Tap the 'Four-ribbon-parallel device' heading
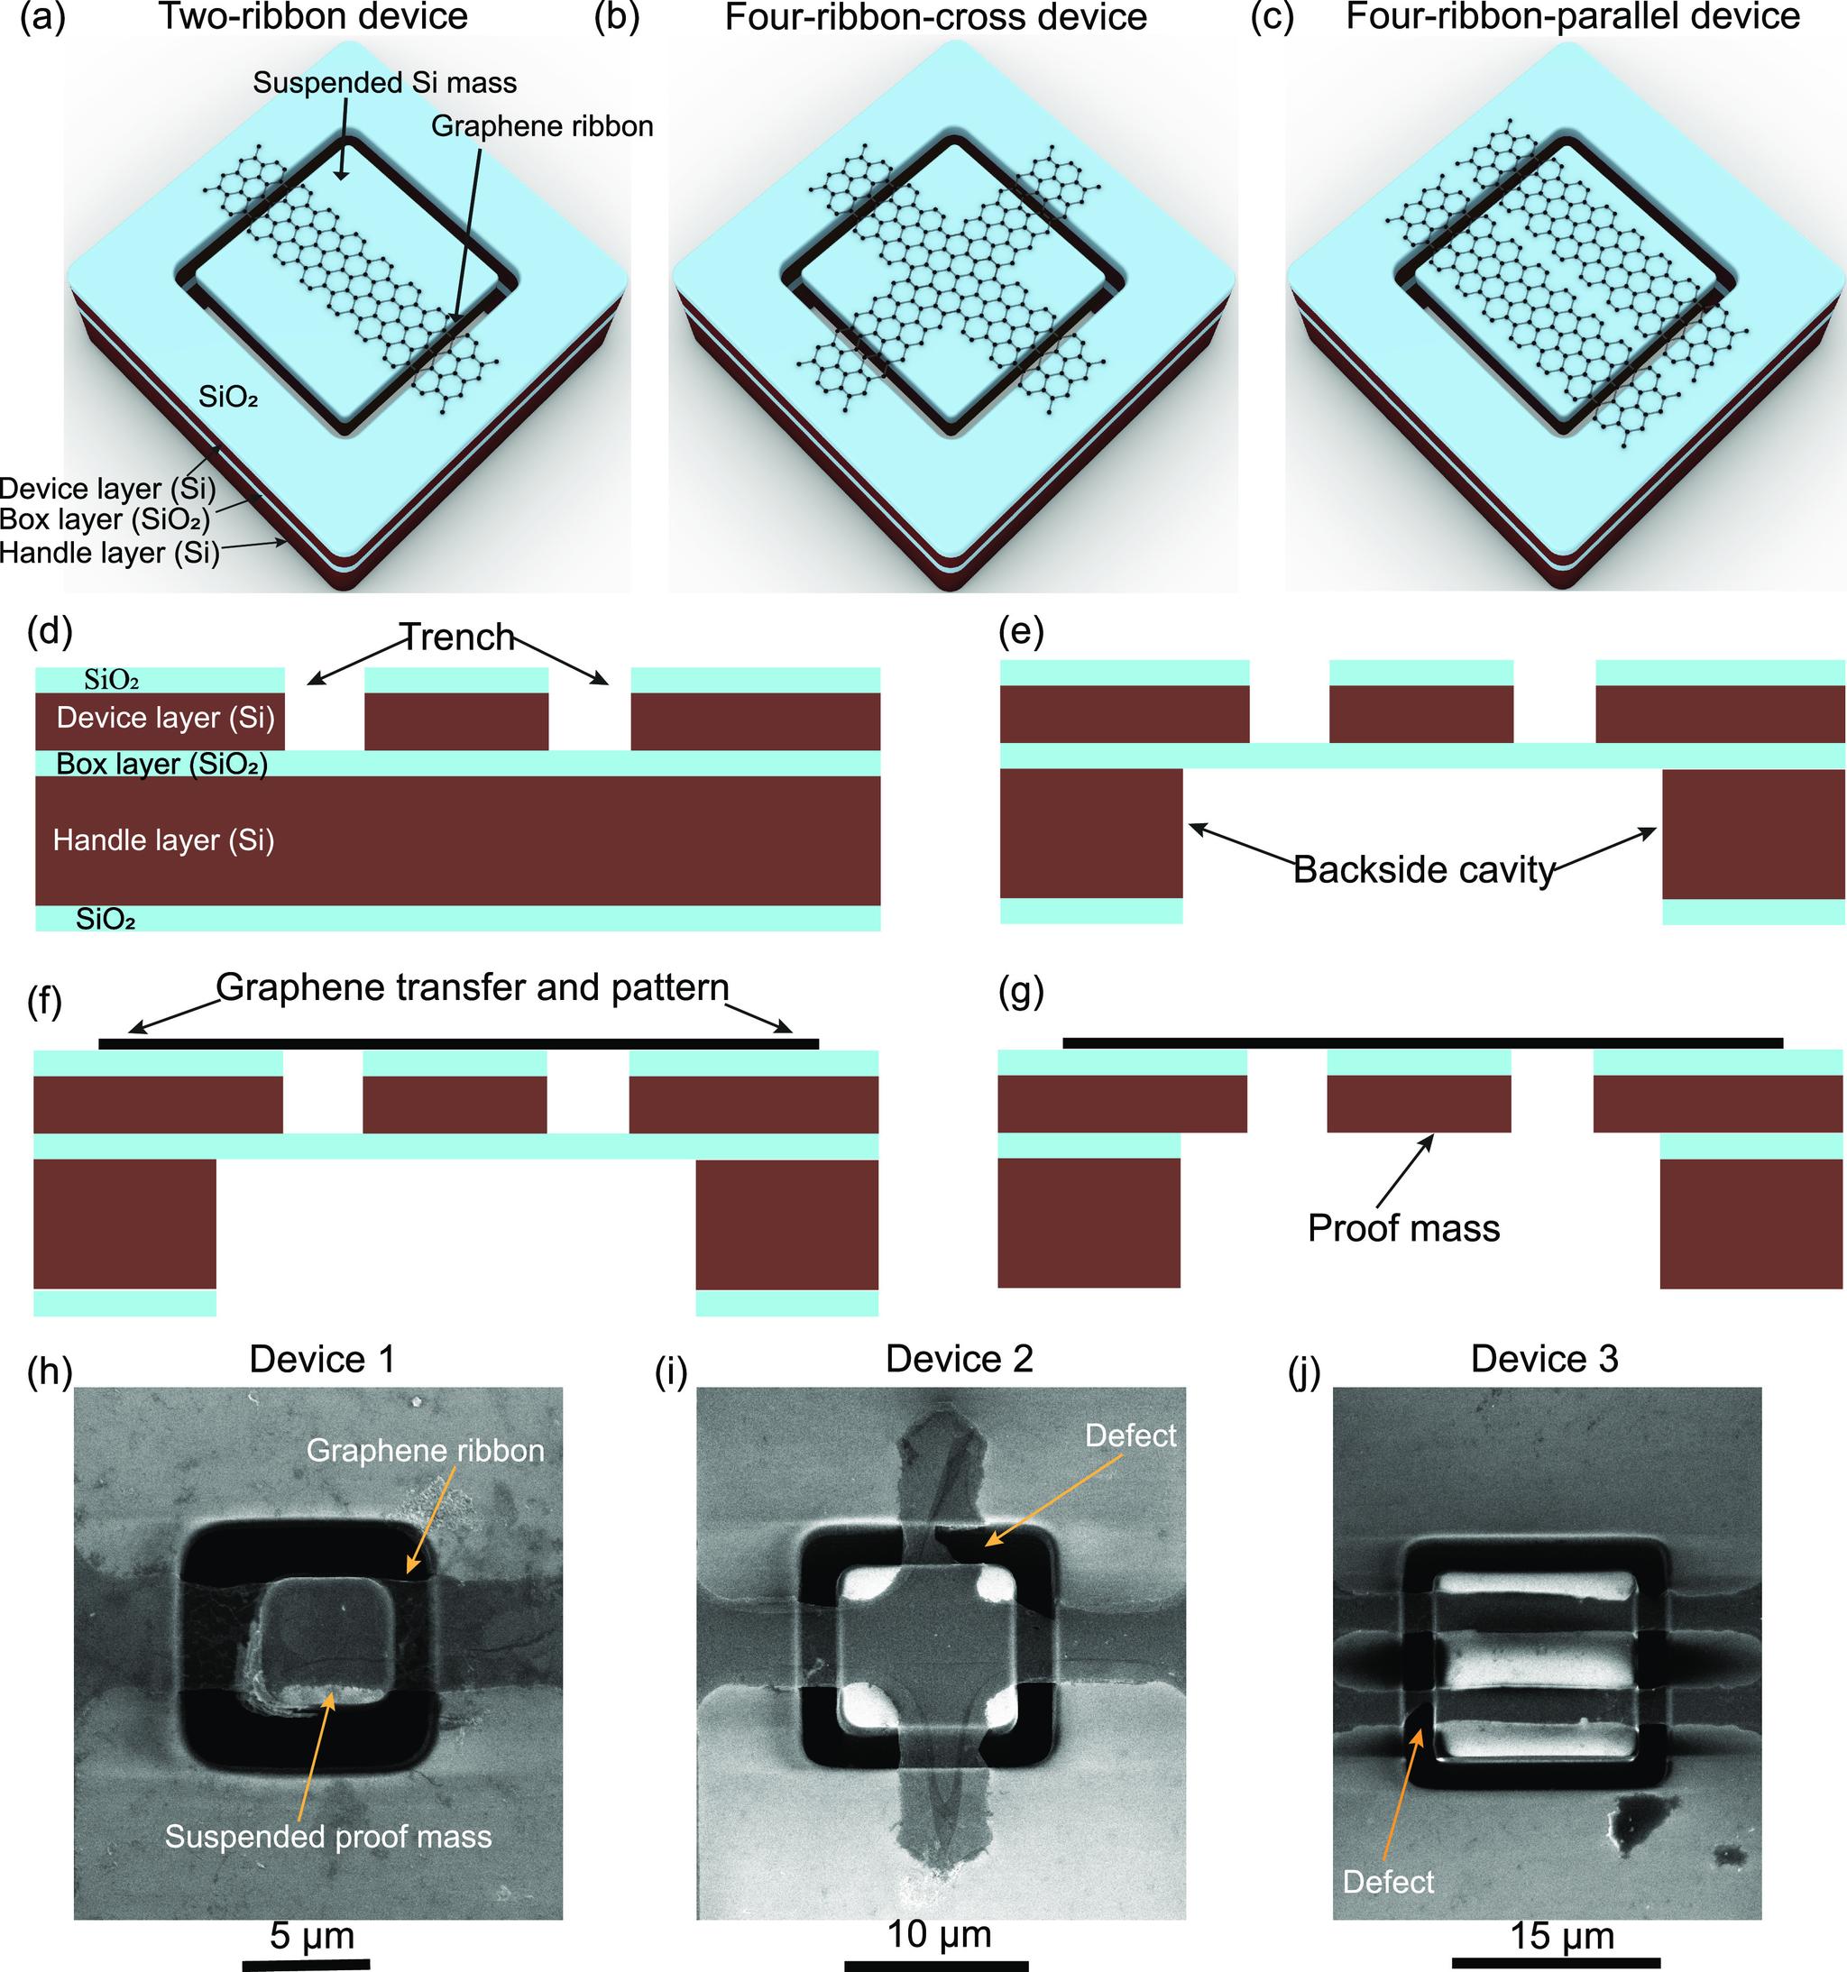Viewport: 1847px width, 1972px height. pyautogui.click(x=1572, y=16)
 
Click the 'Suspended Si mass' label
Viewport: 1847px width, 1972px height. pyautogui.click(x=385, y=83)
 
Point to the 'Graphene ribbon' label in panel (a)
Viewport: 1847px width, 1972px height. pyautogui.click(x=543, y=126)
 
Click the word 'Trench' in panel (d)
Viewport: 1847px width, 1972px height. pyautogui.click(x=457, y=637)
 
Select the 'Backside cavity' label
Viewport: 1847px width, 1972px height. pyautogui.click(x=1423, y=870)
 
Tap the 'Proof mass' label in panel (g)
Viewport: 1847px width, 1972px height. pyautogui.click(x=1403, y=1228)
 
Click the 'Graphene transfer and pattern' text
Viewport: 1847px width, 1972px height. pyautogui.click(x=473, y=987)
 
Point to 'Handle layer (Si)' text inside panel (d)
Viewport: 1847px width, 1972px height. pyautogui.click(x=163, y=840)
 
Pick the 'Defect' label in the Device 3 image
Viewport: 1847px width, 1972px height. pyautogui.click(x=1388, y=1882)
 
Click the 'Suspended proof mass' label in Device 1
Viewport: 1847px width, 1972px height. pyautogui.click(x=328, y=1836)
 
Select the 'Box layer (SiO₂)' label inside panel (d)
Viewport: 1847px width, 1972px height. pyautogui.click(x=161, y=764)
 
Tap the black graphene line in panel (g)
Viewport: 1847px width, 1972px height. pyautogui.click(x=1422, y=1042)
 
